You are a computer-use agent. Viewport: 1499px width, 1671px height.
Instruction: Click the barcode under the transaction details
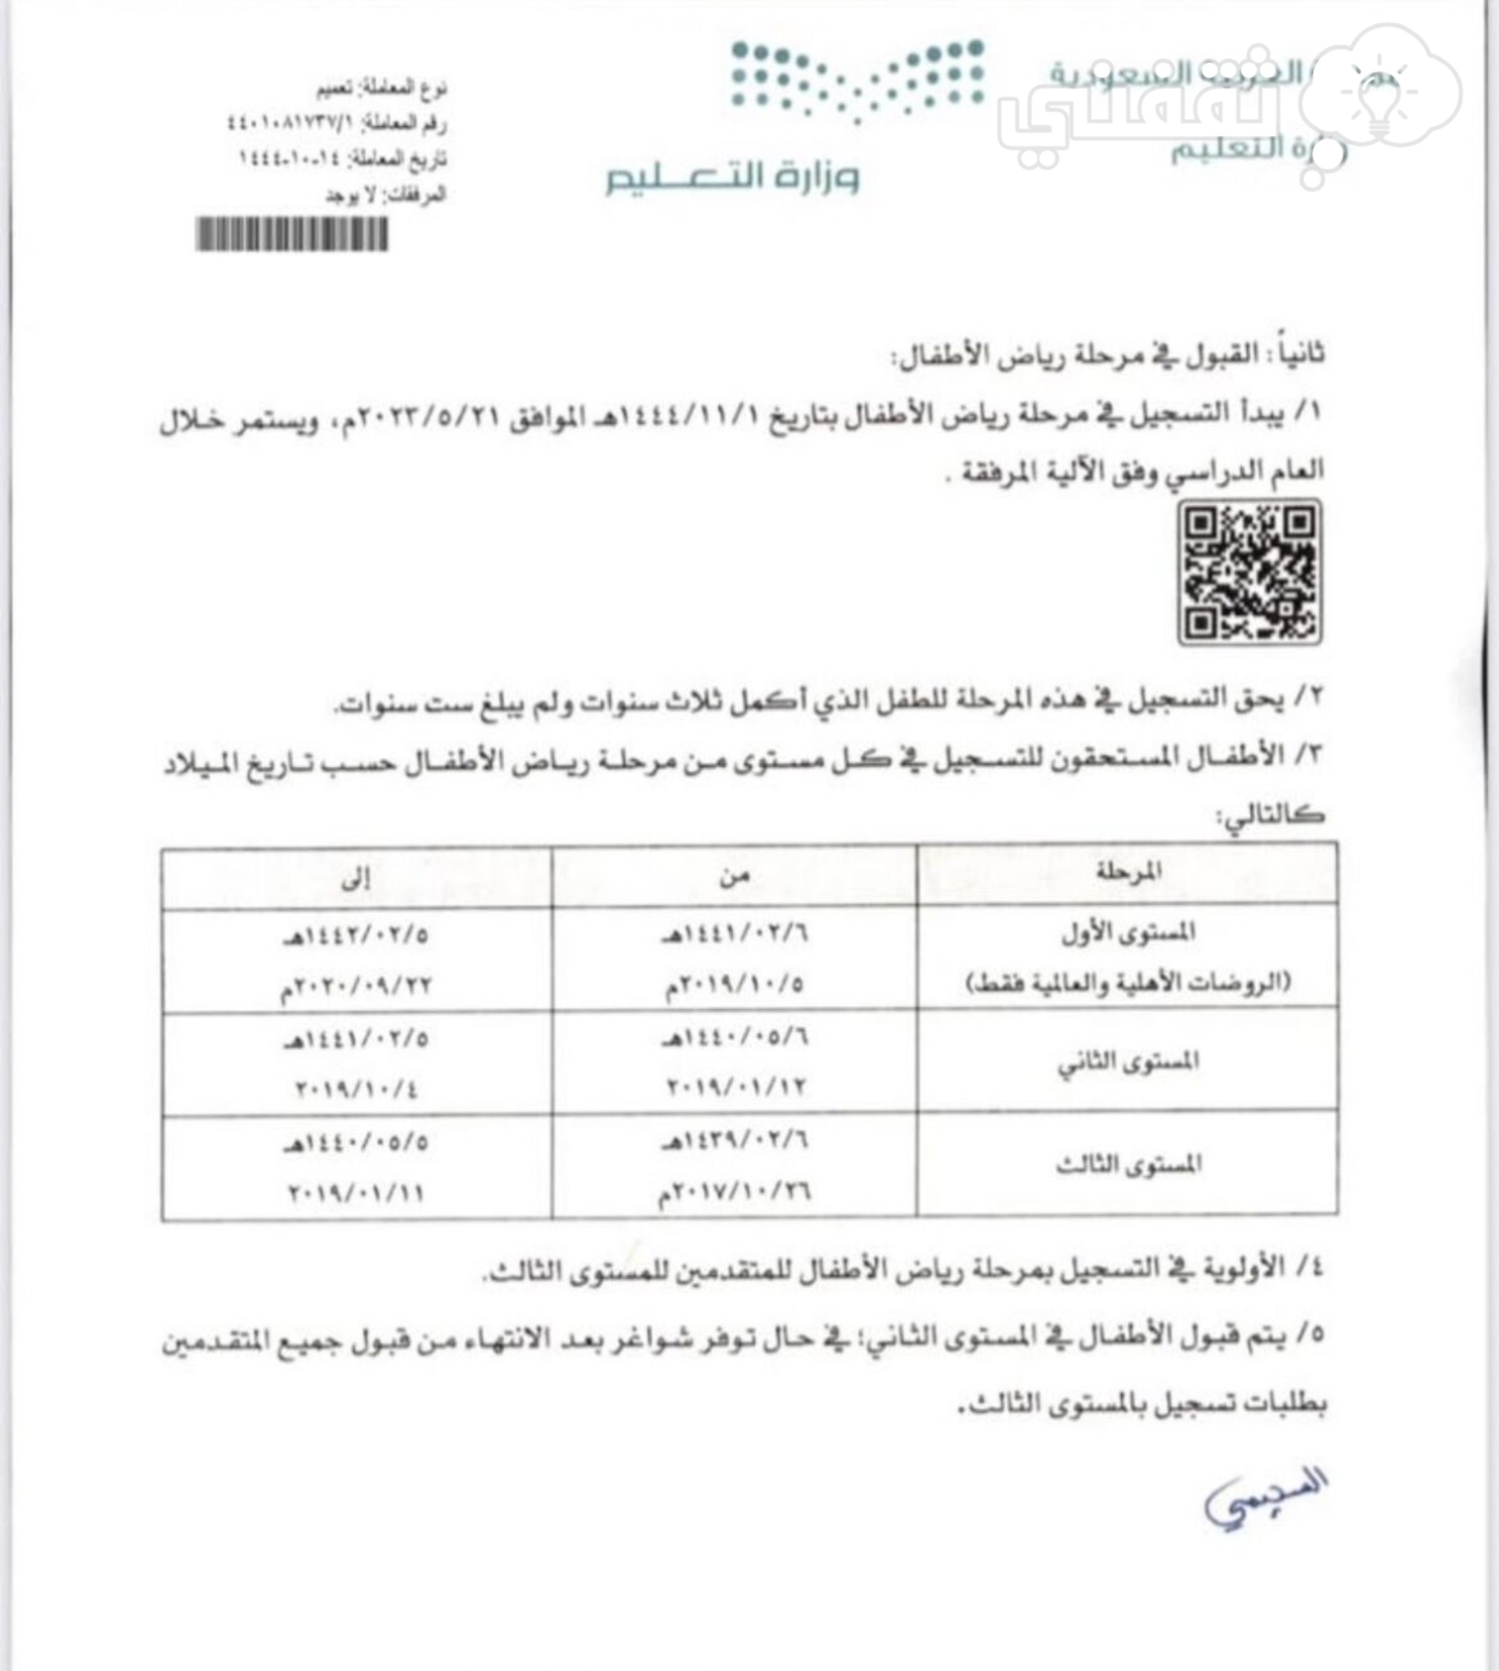tap(291, 235)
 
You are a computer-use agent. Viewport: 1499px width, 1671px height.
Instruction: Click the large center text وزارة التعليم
tap(732, 176)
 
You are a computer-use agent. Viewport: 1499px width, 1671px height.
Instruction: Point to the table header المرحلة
tap(1129, 871)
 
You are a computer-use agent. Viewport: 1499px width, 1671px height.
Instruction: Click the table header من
tap(734, 876)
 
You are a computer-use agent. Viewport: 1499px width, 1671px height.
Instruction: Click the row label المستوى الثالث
tap(1129, 1164)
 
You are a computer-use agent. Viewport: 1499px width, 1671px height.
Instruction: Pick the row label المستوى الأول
tap(1129, 933)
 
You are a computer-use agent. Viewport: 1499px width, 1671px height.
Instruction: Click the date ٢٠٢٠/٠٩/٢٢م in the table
tap(355, 985)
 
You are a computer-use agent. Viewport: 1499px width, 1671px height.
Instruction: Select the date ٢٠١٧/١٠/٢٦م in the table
tap(734, 1192)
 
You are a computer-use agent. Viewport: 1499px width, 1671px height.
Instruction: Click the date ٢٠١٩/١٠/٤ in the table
tap(357, 1088)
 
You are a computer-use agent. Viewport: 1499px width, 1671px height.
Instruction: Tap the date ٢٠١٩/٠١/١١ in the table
tap(357, 1192)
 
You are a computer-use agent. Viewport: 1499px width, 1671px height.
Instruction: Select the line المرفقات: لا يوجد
tap(384, 195)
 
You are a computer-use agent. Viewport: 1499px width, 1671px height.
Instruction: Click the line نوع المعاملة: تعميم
tap(381, 87)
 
